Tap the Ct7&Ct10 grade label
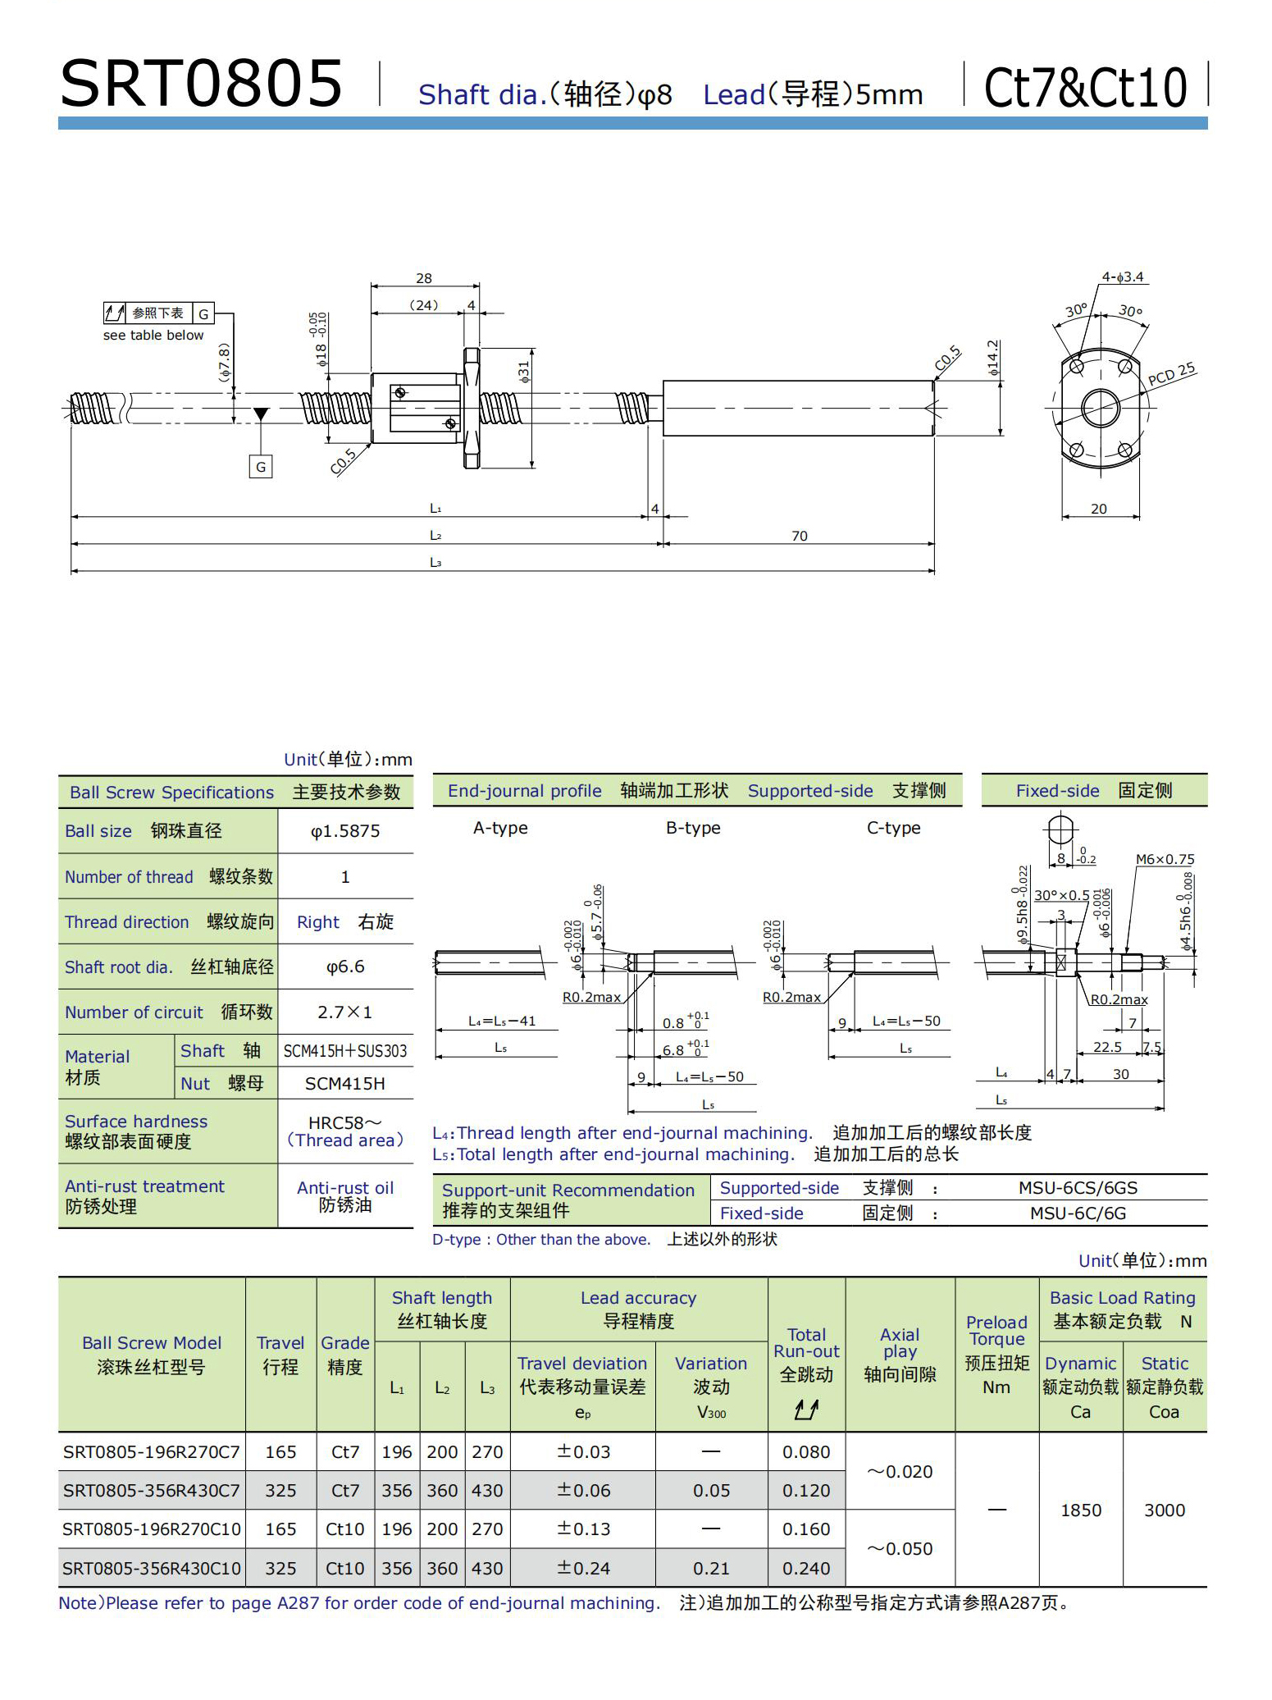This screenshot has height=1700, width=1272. click(x=1085, y=88)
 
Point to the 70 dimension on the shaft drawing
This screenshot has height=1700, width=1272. click(x=799, y=536)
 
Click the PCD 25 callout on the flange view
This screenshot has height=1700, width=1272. click(x=1171, y=374)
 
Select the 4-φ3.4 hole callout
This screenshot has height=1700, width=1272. click(x=1123, y=277)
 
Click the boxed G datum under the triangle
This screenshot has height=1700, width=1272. click(x=261, y=467)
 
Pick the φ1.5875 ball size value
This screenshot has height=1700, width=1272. click(x=345, y=831)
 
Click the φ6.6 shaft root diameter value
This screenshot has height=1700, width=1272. click(x=345, y=967)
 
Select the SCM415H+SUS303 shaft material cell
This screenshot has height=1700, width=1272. click(x=345, y=1051)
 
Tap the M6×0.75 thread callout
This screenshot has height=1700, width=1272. click(x=1165, y=859)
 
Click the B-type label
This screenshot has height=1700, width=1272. click(x=693, y=828)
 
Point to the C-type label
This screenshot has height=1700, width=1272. click(x=893, y=828)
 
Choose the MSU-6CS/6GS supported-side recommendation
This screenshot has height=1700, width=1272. click(x=1078, y=1187)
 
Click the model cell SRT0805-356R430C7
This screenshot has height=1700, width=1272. click(x=152, y=1490)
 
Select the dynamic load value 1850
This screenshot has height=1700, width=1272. click(x=1081, y=1510)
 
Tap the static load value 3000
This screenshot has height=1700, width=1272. click(x=1165, y=1510)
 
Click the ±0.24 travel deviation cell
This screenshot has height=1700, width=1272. click(x=583, y=1568)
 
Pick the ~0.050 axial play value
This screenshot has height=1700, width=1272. click(x=900, y=1548)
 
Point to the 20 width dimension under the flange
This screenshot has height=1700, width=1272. click(x=1099, y=509)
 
